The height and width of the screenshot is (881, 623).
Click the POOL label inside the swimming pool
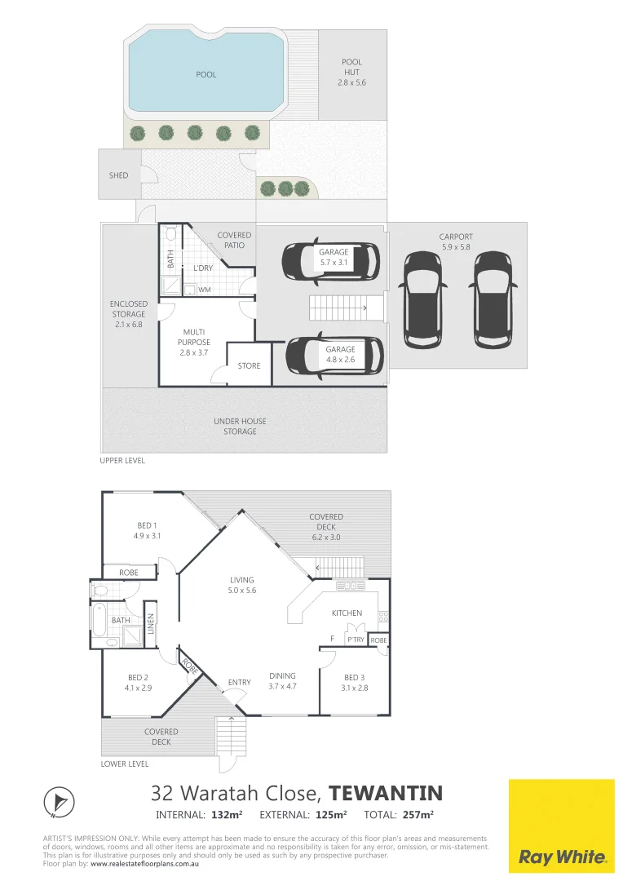tap(206, 75)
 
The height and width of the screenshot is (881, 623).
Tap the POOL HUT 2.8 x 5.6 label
tap(352, 72)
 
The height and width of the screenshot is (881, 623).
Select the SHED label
tap(118, 175)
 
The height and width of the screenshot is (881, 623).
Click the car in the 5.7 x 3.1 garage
tap(330, 260)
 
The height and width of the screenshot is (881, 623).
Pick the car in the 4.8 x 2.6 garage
tap(333, 357)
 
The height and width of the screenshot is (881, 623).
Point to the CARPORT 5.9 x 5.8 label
tap(455, 241)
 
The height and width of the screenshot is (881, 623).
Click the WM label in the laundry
tap(204, 290)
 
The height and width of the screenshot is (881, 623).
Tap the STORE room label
tap(249, 366)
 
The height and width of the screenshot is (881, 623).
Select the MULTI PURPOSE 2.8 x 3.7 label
tap(195, 342)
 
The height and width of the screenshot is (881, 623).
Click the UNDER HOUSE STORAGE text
tap(240, 427)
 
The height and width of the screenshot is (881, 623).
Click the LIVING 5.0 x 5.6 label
tap(241, 585)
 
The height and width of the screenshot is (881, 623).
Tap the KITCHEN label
tap(346, 613)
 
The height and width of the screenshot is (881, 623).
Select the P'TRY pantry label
tap(356, 640)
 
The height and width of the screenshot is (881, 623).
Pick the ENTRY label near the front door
tap(239, 683)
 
